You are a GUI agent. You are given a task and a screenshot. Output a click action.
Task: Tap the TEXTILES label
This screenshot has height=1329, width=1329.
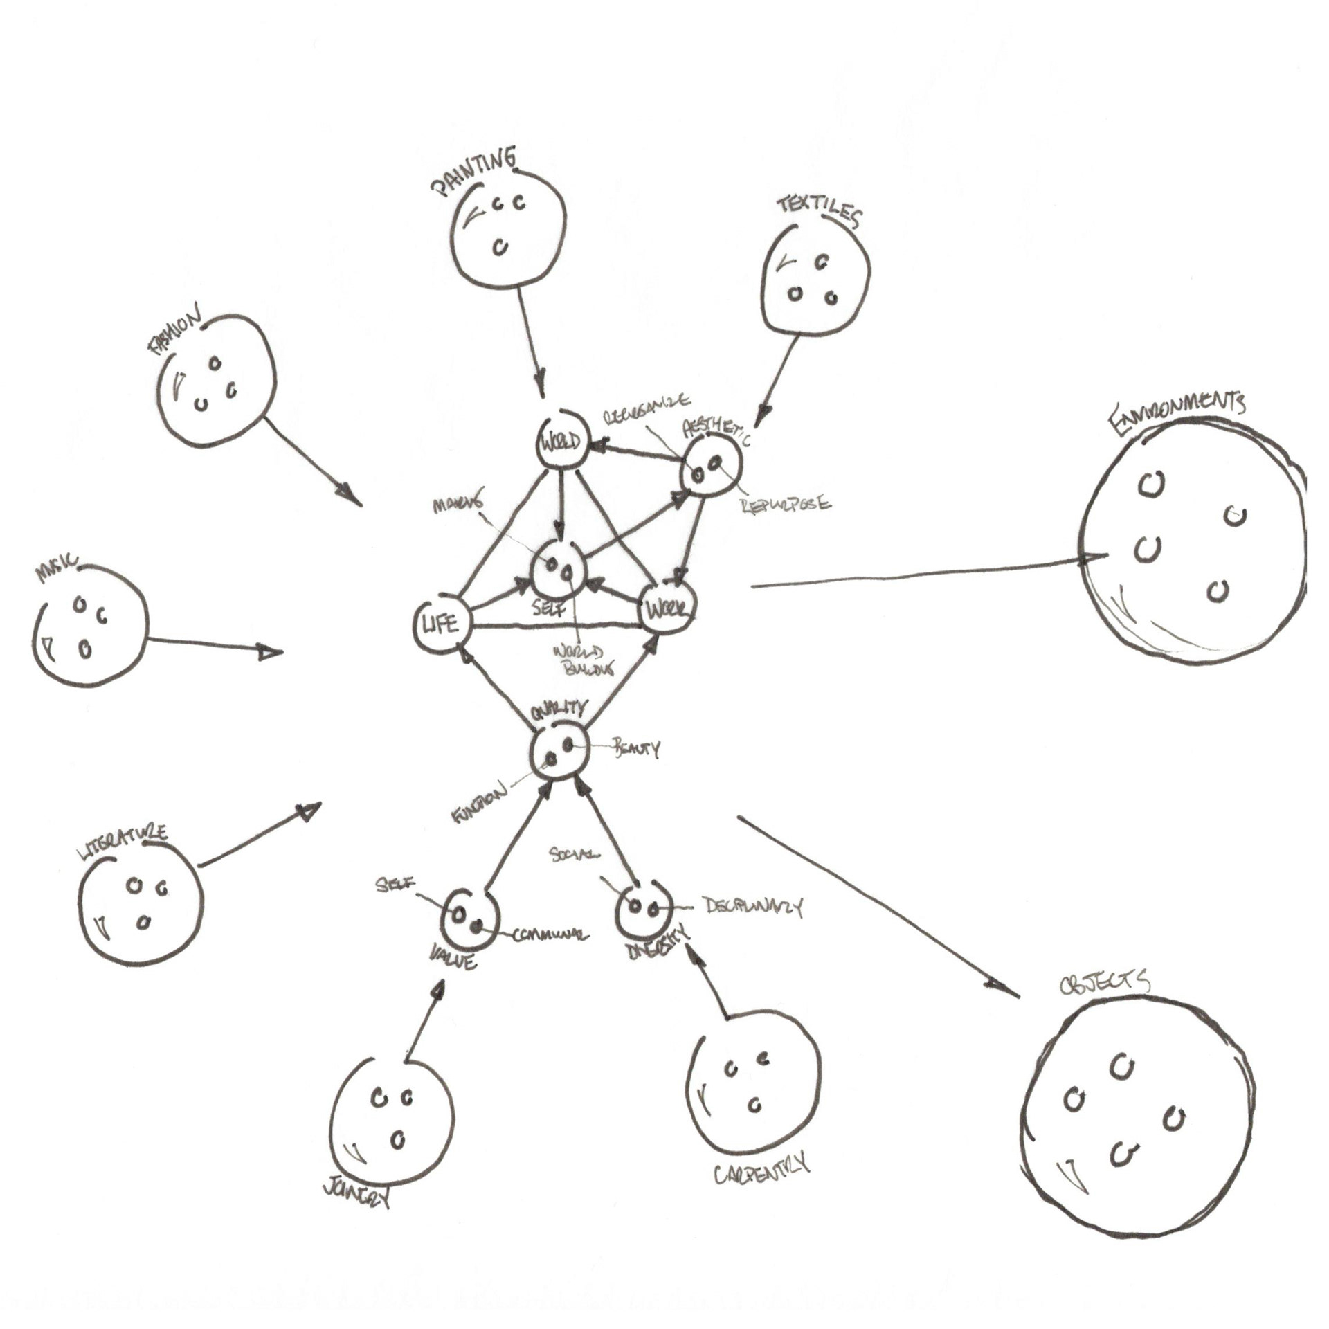819,210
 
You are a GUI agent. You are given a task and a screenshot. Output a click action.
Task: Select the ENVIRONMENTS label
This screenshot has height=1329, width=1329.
1177,413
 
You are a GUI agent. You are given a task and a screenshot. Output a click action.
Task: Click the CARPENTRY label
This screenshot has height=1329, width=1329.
761,1170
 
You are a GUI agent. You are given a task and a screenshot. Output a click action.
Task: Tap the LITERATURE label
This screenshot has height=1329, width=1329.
123,843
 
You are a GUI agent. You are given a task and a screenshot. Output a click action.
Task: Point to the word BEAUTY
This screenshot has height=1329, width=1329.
635,748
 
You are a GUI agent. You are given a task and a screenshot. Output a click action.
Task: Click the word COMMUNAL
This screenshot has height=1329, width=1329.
550,935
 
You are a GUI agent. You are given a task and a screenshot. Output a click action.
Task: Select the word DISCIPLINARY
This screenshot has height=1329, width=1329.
752,907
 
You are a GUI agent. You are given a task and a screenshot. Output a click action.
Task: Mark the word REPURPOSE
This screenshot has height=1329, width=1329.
786,504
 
